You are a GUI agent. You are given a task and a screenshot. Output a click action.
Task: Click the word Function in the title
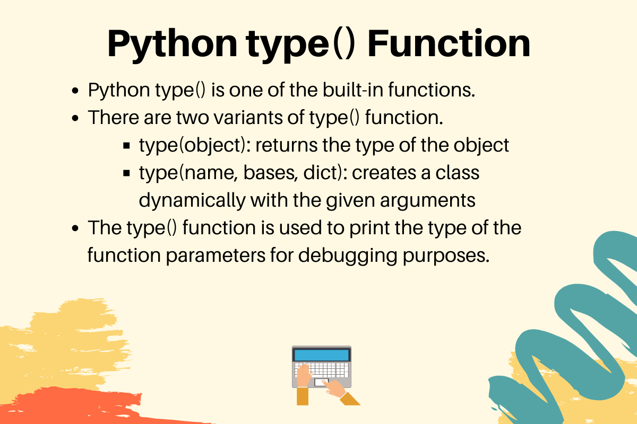click(x=449, y=43)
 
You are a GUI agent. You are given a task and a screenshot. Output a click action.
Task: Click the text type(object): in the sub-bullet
click(x=194, y=145)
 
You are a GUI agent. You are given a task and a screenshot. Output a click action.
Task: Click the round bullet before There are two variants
click(x=75, y=118)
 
